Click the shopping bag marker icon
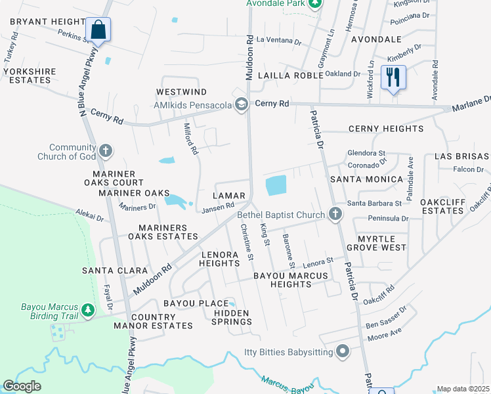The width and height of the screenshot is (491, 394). tap(98, 30)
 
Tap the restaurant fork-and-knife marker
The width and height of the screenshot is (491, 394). tap(393, 77)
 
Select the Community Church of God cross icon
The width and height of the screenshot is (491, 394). tap(105, 152)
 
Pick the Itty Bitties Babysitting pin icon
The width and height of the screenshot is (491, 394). tap(342, 352)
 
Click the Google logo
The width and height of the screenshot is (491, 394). tap(22, 386)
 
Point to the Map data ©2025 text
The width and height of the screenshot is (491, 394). tap(463, 389)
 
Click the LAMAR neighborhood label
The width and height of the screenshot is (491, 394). tap(229, 196)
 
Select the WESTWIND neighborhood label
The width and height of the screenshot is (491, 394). tap(181, 92)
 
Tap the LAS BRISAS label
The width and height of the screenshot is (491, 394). tap(461, 156)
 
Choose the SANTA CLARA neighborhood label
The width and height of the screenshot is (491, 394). tap(106, 270)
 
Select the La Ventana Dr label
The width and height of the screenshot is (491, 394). tap(278, 41)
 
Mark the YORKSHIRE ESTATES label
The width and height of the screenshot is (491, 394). tap(27, 76)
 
